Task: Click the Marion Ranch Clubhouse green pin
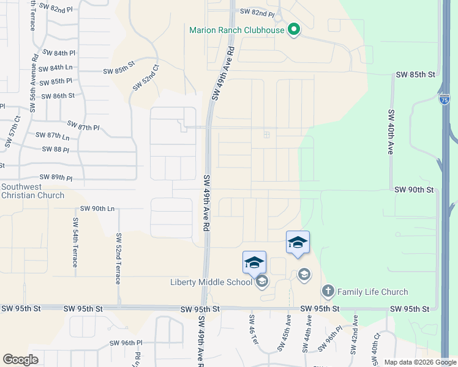293,29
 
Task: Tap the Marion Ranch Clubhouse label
237,30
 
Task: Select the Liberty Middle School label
211,282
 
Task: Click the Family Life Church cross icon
328,291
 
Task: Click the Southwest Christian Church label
32,191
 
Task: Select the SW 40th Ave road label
390,132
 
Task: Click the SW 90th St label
414,190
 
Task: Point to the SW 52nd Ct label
146,78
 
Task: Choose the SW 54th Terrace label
75,242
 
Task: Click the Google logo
21,360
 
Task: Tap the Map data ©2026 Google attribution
421,362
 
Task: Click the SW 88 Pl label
56,149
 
